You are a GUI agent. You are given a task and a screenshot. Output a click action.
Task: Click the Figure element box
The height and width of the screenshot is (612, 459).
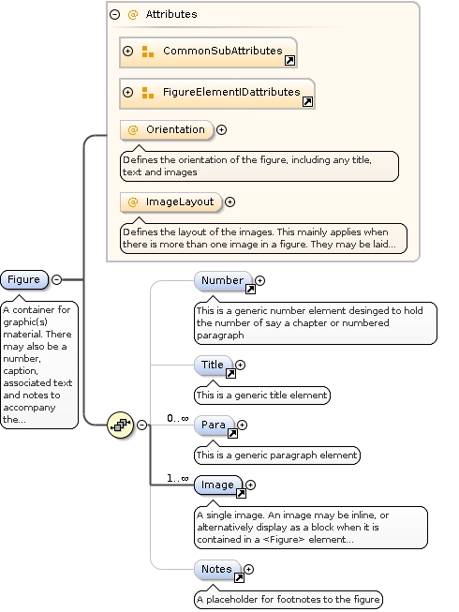pyautogui.click(x=24, y=279)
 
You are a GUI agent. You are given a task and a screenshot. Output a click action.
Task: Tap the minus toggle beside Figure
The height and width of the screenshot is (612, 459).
pyautogui.click(x=56, y=279)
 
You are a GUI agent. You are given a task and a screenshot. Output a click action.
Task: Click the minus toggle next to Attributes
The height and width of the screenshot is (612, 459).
pyautogui.click(x=114, y=15)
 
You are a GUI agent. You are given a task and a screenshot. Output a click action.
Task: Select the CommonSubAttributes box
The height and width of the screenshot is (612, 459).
pyautogui.click(x=208, y=51)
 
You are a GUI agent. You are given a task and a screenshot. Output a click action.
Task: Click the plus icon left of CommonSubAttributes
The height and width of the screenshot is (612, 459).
pyautogui.click(x=128, y=51)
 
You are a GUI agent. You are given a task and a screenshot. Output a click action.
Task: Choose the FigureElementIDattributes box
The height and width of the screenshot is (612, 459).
pyautogui.click(x=217, y=93)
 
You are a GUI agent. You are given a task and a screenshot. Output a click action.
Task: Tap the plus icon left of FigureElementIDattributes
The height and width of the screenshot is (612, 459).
pyautogui.click(x=128, y=93)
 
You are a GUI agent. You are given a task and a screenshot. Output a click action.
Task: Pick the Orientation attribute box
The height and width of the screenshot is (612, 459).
pyautogui.click(x=166, y=130)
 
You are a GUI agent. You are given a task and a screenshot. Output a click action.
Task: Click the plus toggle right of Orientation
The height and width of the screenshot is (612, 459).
pyautogui.click(x=221, y=130)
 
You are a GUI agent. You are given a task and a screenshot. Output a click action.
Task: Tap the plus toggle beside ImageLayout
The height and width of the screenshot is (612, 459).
pyautogui.click(x=229, y=202)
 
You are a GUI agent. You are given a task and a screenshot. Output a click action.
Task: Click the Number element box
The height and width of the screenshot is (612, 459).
pyautogui.click(x=223, y=280)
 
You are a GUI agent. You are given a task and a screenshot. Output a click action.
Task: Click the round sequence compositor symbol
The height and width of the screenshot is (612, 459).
pyautogui.click(x=121, y=425)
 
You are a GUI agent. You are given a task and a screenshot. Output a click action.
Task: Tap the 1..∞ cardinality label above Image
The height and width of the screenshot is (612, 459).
pyautogui.click(x=177, y=478)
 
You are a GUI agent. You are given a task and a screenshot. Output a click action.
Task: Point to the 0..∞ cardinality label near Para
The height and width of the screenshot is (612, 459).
pyautogui.click(x=177, y=418)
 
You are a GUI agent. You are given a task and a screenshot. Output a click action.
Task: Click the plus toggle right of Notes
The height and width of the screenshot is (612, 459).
pyautogui.click(x=250, y=569)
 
